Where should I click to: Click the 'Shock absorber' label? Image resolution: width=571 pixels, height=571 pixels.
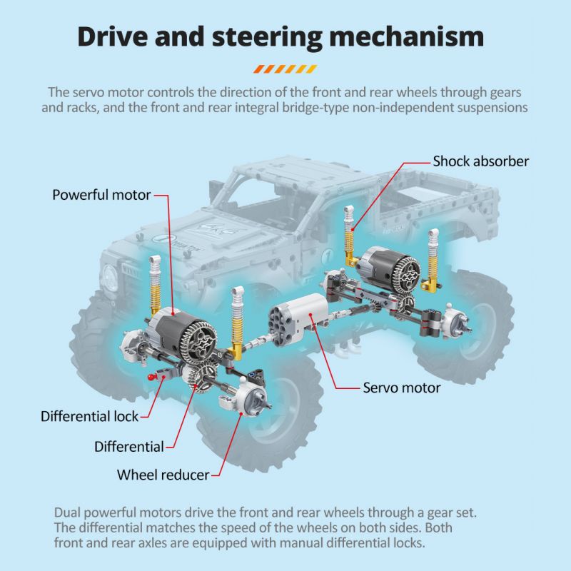point(480,161)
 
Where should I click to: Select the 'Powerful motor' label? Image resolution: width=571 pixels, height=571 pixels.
point(101,194)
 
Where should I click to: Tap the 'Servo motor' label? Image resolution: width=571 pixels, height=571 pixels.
point(402,388)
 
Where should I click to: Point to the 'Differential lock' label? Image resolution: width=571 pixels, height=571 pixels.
point(89,415)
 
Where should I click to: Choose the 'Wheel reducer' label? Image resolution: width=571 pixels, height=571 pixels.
point(163,474)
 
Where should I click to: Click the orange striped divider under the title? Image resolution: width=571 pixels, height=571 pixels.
point(285,69)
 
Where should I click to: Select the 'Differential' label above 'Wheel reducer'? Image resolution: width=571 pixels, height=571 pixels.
point(129,447)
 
